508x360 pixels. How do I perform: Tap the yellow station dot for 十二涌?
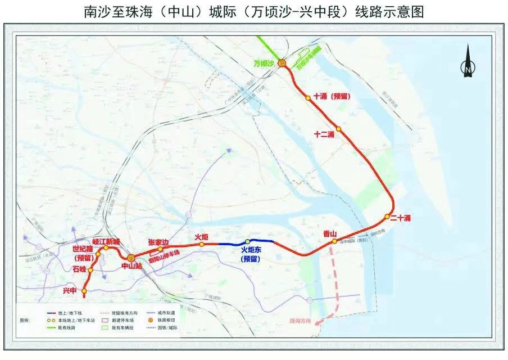coord(338,129)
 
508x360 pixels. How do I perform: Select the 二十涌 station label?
coord(400,218)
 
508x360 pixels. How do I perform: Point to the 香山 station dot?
coord(334,241)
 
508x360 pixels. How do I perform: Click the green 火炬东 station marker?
coord(247,242)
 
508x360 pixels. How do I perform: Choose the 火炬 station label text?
coord(202,237)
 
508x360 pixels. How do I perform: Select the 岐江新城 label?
coord(106,241)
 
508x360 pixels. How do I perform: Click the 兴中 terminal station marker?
coord(84,291)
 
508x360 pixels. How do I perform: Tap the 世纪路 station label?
coord(83,248)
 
